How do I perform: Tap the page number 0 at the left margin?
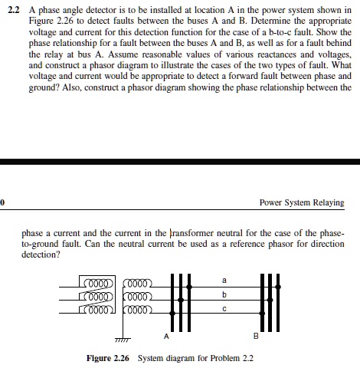(x=2, y=203)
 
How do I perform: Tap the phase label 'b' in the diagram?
(x=224, y=295)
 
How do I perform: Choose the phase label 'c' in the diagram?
(x=224, y=309)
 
